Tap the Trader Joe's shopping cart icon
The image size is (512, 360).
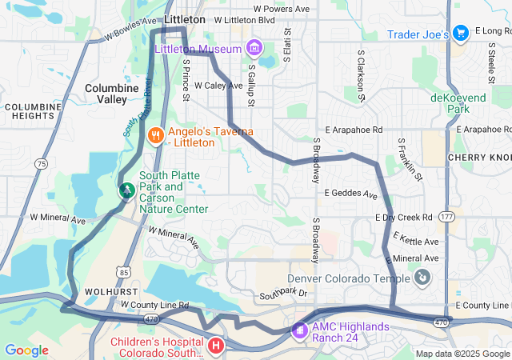[x=460, y=33]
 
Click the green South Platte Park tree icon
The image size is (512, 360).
[x=126, y=190]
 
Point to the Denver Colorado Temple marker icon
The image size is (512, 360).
[x=421, y=278]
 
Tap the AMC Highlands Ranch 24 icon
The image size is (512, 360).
[x=298, y=330]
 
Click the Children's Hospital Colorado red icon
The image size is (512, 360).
[x=216, y=346]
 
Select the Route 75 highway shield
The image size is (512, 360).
[x=40, y=163]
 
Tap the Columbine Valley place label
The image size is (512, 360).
[x=106, y=93]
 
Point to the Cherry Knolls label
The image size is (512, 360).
[x=479, y=158]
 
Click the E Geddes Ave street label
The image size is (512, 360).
[x=350, y=193]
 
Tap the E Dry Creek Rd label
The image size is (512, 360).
[x=403, y=217]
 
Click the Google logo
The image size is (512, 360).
[x=26, y=350]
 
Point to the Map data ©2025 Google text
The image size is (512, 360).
[x=462, y=354]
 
